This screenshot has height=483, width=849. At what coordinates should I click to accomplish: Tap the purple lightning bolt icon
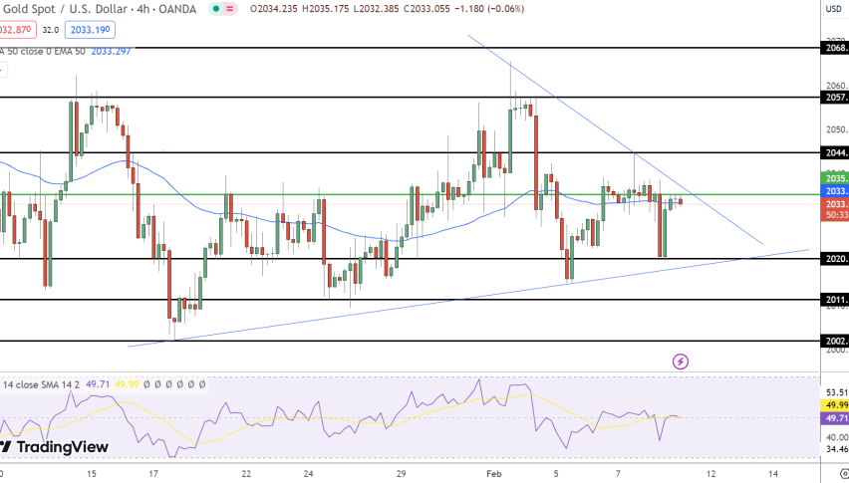pos(681,362)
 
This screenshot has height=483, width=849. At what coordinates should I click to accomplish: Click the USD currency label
pos(834,10)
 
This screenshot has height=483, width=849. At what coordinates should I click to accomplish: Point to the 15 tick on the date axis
pos(92,473)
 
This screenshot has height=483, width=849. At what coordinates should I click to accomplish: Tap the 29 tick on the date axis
pos(401,473)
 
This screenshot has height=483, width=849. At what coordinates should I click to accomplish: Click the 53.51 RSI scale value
pos(836,392)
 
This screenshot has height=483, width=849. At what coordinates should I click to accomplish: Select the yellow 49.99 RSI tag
pos(836,405)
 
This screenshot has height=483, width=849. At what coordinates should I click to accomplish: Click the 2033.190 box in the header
pos(89,31)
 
